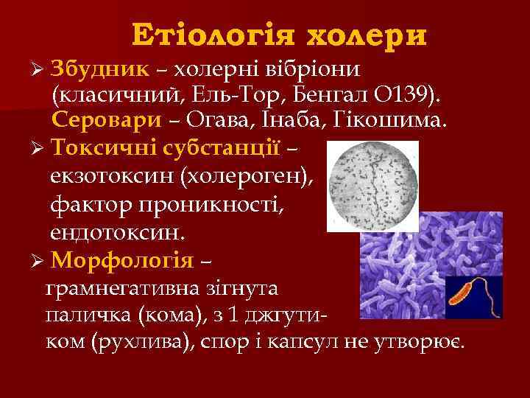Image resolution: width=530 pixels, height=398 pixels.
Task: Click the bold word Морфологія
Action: click(x=123, y=261)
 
